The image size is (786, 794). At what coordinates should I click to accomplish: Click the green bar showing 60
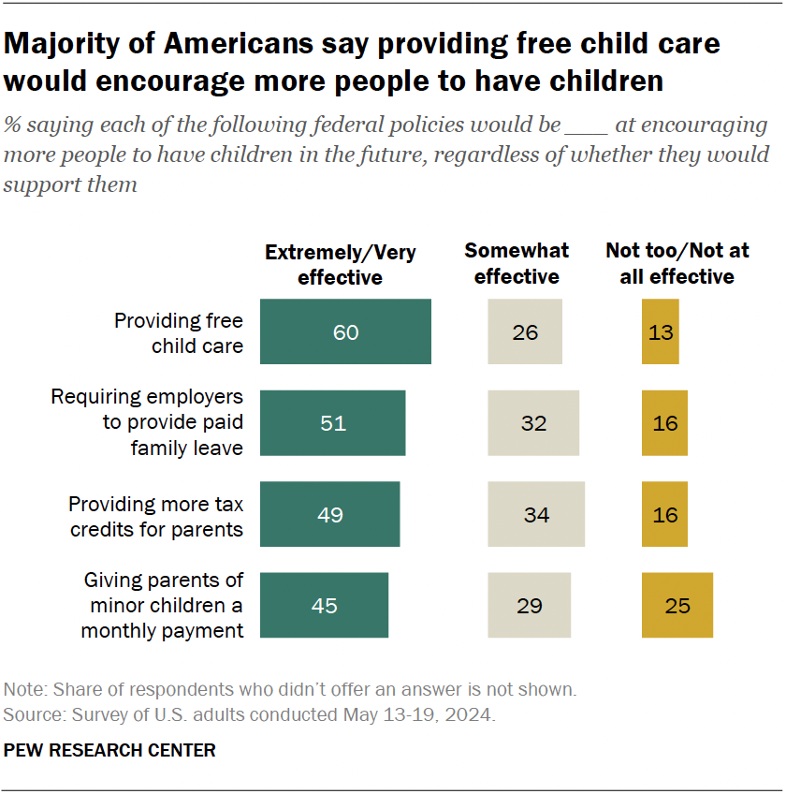pyautogui.click(x=345, y=331)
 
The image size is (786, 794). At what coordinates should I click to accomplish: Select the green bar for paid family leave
pyautogui.click(x=332, y=423)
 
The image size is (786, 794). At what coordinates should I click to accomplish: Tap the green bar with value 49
pyautogui.click(x=329, y=514)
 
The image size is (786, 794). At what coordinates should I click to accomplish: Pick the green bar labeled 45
pyautogui.click(x=324, y=606)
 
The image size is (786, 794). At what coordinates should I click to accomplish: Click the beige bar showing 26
pyautogui.click(x=525, y=331)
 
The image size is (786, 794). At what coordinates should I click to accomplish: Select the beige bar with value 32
pyautogui.click(x=533, y=423)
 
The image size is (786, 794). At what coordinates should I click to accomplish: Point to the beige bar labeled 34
pyautogui.click(x=536, y=514)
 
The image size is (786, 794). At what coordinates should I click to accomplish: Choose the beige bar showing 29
pyautogui.click(x=529, y=606)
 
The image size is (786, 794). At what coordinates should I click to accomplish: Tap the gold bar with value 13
pyautogui.click(x=660, y=331)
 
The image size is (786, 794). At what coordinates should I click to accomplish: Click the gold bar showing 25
pyautogui.click(x=677, y=606)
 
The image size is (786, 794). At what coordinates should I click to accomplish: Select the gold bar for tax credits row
pyautogui.click(x=664, y=514)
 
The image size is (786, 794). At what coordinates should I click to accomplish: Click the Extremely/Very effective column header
pyautogui.click(x=340, y=265)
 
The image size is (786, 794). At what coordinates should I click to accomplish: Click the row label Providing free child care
pyautogui.click(x=178, y=332)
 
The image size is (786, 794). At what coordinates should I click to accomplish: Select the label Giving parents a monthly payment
pyautogui.click(x=163, y=606)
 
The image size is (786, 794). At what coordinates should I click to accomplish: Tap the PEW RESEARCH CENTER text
pyautogui.click(x=109, y=750)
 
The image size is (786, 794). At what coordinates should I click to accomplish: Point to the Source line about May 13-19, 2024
pyautogui.click(x=249, y=715)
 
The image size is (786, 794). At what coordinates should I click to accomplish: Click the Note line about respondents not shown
pyautogui.click(x=290, y=690)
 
